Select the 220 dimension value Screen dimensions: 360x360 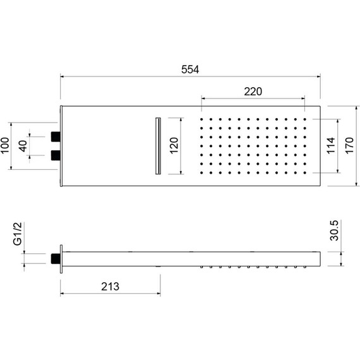(253, 92)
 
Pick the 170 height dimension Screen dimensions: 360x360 (351, 146)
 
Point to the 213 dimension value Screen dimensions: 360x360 (111, 286)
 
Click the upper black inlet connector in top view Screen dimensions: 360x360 (55, 136)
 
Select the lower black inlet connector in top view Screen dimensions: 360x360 (55, 154)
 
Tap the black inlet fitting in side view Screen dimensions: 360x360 (55, 258)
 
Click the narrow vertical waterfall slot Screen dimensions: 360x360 (157, 145)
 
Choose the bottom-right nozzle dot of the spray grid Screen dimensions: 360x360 (306, 172)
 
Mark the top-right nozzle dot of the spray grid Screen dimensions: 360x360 (306, 119)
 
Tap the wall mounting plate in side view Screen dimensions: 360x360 (61, 258)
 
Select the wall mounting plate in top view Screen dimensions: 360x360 (61, 146)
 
